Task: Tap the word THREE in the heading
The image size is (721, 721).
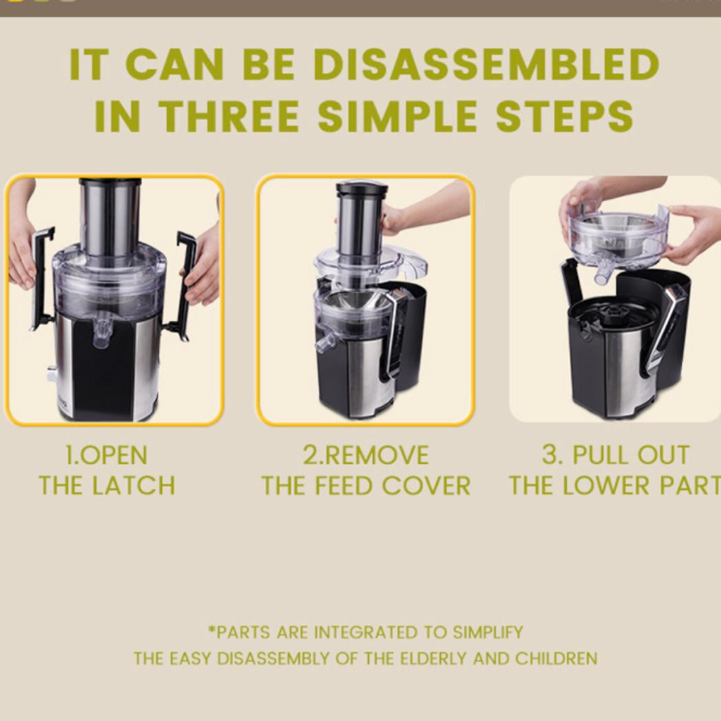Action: tap(230, 116)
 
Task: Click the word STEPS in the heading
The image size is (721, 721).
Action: tap(564, 116)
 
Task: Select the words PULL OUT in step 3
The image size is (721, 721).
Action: tap(631, 454)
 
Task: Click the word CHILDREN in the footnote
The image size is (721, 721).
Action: tap(556, 658)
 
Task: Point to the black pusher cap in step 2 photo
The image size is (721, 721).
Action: tap(362, 189)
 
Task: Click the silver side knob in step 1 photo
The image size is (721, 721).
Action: tap(51, 374)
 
